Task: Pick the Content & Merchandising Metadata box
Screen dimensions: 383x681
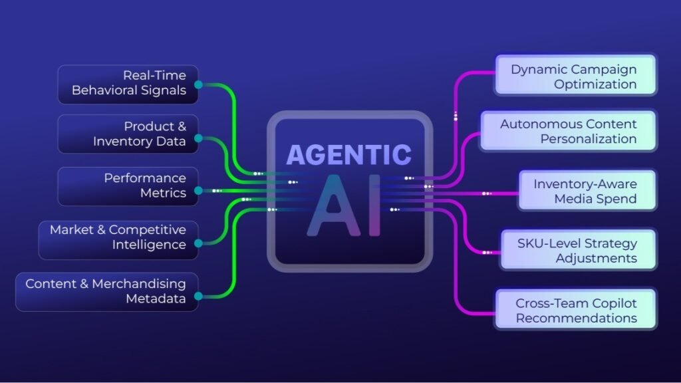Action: tap(106, 291)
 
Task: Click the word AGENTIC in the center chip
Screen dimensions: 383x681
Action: tap(348, 155)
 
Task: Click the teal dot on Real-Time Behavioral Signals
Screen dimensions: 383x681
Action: tap(198, 85)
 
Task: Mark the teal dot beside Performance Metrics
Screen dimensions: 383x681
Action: tap(198, 191)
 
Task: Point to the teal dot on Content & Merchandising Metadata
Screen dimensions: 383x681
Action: tap(198, 296)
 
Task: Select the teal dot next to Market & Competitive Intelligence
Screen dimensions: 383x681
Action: tap(198, 243)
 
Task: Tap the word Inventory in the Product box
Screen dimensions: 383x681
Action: tap(121, 141)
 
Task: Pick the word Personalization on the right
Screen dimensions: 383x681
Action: tap(589, 139)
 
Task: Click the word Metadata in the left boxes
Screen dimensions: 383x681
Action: tap(156, 299)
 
